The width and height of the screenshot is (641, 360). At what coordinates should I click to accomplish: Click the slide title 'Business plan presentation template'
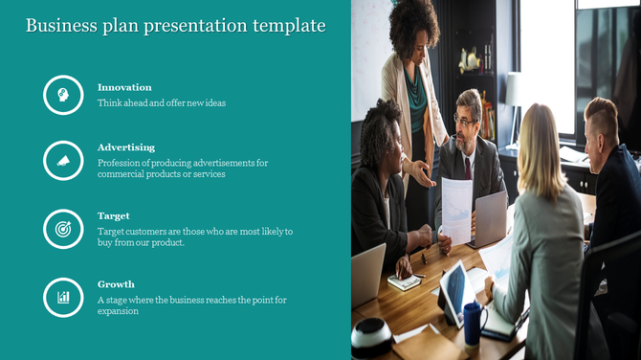[x=175, y=26]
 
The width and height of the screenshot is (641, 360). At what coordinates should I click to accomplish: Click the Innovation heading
[x=124, y=87]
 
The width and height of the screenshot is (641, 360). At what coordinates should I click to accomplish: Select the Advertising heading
[x=126, y=147]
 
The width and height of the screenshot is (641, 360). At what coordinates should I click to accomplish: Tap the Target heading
[x=114, y=215]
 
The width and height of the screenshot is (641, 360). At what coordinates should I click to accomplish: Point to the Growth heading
[x=116, y=284]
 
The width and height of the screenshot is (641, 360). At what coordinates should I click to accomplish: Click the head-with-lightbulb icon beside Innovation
[x=63, y=95]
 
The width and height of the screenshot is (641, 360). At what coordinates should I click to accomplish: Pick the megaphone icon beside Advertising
[x=63, y=161]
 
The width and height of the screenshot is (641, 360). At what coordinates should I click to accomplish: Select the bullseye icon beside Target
[x=63, y=230]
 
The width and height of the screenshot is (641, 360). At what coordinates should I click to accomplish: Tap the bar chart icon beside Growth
[x=63, y=297]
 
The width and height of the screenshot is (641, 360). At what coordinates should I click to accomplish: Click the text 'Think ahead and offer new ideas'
[x=162, y=102]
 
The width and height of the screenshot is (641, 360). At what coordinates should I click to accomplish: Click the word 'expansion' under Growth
[x=118, y=311]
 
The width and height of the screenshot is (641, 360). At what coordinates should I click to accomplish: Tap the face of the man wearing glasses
[x=466, y=122]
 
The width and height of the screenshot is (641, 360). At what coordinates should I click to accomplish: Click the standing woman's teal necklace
[x=414, y=92]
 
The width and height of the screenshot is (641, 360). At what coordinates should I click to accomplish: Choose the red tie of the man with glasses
[x=467, y=167]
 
